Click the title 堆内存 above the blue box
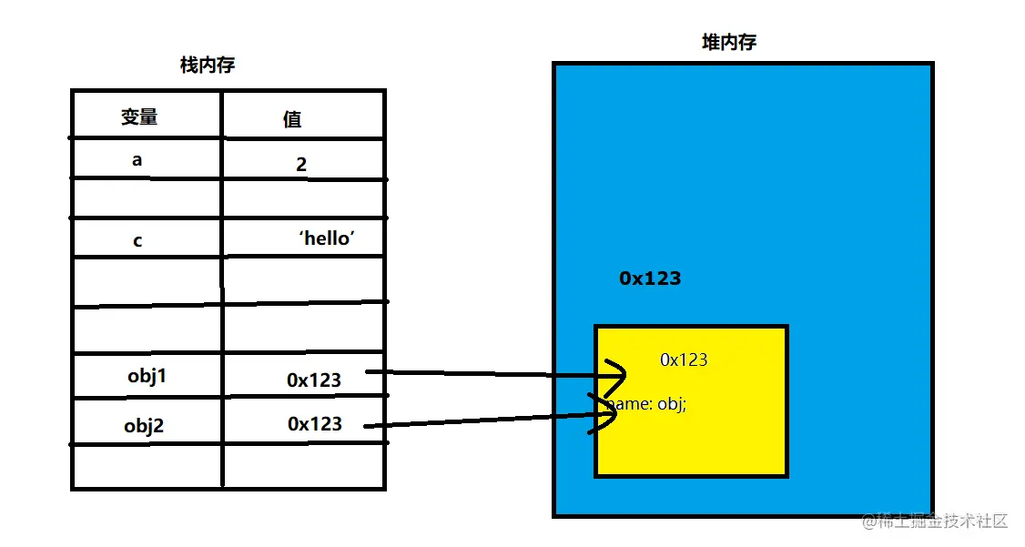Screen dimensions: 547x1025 click(x=729, y=42)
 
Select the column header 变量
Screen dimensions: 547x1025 click(x=139, y=116)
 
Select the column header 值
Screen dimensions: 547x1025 click(x=292, y=119)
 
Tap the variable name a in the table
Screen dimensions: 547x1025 click(x=137, y=160)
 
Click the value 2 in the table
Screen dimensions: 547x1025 click(x=301, y=165)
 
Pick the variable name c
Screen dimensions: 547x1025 click(x=137, y=241)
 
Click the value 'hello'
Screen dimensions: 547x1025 click(x=326, y=238)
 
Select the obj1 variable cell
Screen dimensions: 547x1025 click(x=147, y=376)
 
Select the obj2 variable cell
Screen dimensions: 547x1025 click(x=144, y=425)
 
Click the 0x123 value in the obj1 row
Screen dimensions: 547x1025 click(x=314, y=380)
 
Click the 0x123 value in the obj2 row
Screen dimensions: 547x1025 click(x=315, y=423)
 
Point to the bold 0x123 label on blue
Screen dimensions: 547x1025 click(x=650, y=279)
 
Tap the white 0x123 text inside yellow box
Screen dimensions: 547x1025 click(x=684, y=360)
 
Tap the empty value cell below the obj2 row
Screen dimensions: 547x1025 click(x=304, y=466)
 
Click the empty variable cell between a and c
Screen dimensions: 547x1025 click(x=146, y=198)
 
